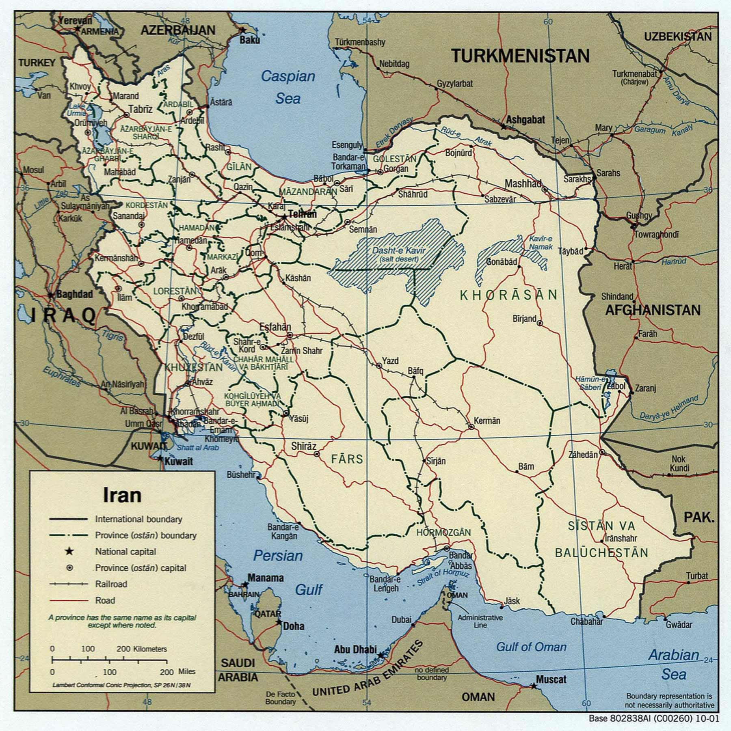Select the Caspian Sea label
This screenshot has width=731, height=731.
(x=288, y=87)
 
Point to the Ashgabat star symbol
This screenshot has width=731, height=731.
(x=504, y=127)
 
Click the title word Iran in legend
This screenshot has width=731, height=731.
(x=122, y=495)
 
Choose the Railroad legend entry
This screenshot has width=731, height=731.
(x=111, y=584)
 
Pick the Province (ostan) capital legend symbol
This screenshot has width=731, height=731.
(x=69, y=568)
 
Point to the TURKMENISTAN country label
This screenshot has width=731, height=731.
(x=521, y=56)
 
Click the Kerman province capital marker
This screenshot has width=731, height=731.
(x=471, y=427)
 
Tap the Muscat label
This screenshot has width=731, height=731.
(x=551, y=679)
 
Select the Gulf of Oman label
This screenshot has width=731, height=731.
(x=531, y=647)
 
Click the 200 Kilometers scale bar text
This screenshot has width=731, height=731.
(x=141, y=649)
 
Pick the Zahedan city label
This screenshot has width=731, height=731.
(x=583, y=455)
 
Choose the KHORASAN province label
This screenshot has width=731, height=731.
(x=509, y=295)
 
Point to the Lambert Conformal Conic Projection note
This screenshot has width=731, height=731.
(x=121, y=685)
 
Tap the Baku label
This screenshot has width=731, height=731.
(x=249, y=40)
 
